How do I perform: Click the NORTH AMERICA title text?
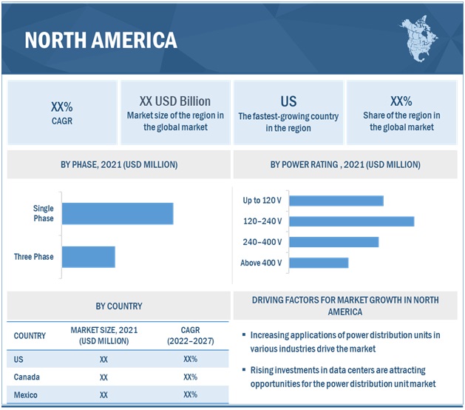click(101, 40)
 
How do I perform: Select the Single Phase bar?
click(118, 213)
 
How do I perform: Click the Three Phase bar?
click(89, 257)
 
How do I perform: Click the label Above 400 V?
click(261, 263)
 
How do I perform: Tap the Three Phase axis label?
click(33, 257)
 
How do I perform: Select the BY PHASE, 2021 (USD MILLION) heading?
click(119, 164)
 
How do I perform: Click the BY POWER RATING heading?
click(345, 164)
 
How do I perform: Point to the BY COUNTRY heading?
click(119, 306)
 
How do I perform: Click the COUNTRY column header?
click(30, 335)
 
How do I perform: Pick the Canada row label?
click(27, 377)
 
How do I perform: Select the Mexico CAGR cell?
click(190, 395)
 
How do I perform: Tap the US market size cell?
click(103, 359)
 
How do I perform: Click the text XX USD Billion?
click(174, 101)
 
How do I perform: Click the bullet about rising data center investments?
click(344, 376)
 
